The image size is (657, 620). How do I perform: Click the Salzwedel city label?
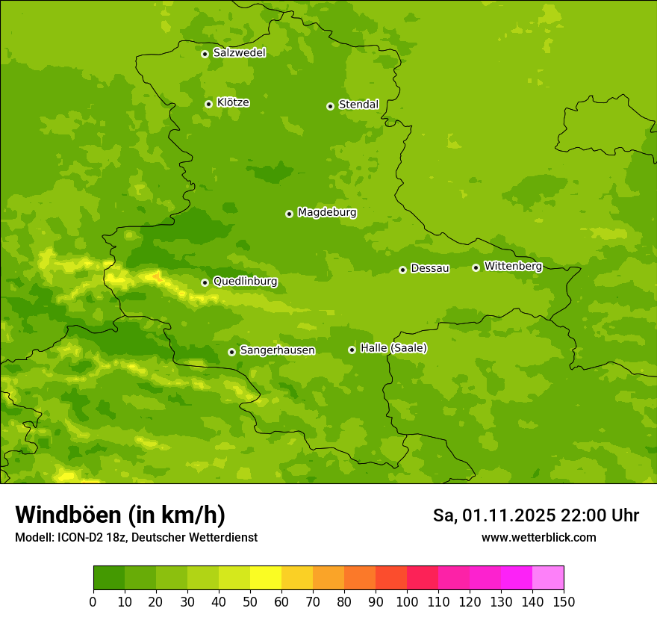coord(239,53)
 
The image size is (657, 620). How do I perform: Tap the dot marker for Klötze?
coord(208,104)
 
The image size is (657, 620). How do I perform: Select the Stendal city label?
coord(358,105)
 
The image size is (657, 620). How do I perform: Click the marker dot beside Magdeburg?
coord(289,214)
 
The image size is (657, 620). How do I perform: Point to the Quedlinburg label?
coord(245,282)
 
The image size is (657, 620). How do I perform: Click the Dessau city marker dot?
coord(402,270)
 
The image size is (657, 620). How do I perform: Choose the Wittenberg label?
coord(513,266)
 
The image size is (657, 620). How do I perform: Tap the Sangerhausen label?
coord(277,350)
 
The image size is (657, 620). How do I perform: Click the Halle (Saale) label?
coord(393,348)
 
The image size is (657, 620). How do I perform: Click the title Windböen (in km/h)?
coord(120,515)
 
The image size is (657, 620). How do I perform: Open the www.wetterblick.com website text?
coord(538,537)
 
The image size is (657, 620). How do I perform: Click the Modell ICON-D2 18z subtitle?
coord(136,537)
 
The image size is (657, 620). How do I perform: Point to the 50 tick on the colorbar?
coord(250,601)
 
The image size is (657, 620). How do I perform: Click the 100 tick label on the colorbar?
coord(407,601)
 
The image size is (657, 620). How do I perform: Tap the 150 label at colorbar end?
coord(564,601)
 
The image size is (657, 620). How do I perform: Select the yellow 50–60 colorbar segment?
coord(266,578)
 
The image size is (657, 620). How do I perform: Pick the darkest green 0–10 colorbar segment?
coord(109,578)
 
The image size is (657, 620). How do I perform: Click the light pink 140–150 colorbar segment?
coord(548,578)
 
